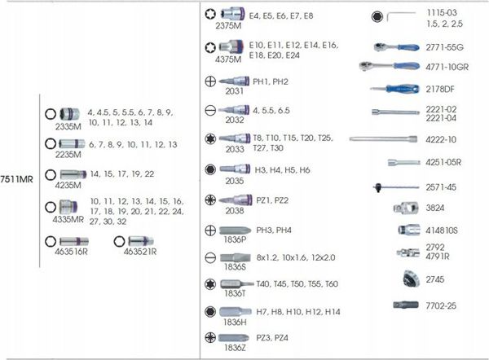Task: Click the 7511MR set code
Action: click(16, 179)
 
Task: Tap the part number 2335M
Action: click(68, 126)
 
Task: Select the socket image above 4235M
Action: click(73, 174)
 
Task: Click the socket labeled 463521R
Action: click(141, 241)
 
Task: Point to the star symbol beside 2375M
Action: click(210, 14)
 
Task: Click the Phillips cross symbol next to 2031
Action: click(210, 81)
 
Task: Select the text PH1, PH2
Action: click(271, 81)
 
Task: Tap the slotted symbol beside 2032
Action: click(210, 110)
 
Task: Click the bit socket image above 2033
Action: click(235, 138)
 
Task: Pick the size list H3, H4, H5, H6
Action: click(282, 170)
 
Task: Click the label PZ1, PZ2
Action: click(272, 200)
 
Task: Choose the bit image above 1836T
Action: click(237, 284)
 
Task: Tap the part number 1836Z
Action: click(235, 348)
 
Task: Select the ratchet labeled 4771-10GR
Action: click(389, 66)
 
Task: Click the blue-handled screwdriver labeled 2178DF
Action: click(394, 89)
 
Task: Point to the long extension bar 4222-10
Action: click(383, 139)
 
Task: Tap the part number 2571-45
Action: click(441, 187)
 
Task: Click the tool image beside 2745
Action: click(410, 279)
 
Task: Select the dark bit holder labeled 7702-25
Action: click(406, 305)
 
